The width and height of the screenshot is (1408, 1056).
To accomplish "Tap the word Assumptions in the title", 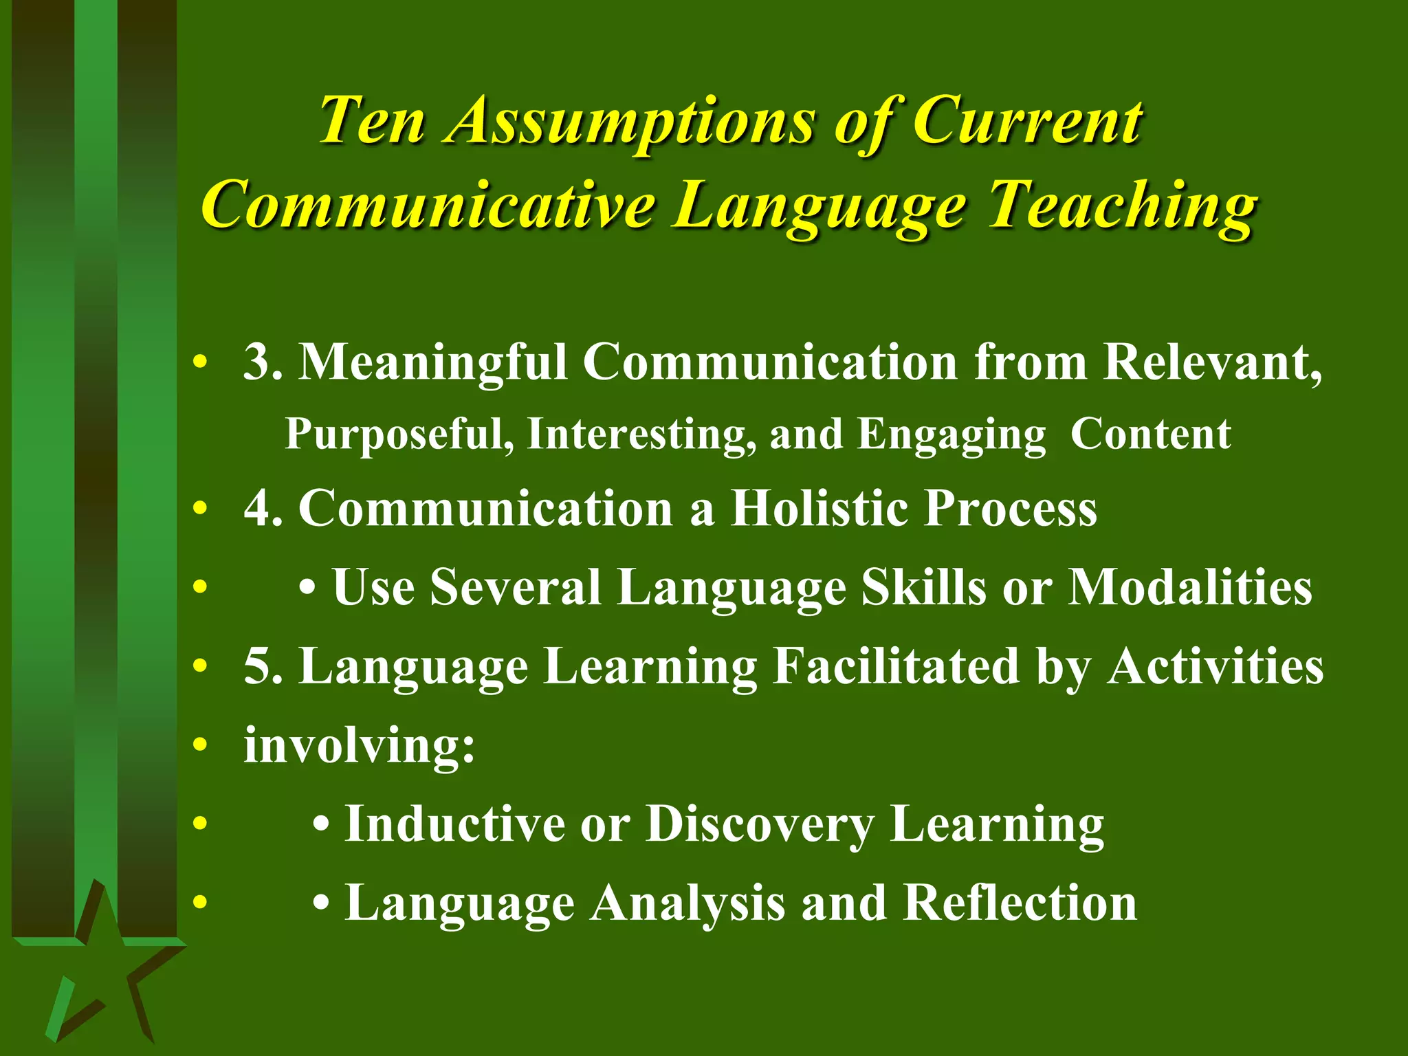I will (628, 122).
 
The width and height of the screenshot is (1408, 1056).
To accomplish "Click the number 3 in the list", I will (256, 362).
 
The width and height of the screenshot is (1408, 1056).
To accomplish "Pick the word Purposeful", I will (399, 434).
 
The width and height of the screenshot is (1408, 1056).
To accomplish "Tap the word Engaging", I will (952, 434).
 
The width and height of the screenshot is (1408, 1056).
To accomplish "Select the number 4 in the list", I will (256, 509).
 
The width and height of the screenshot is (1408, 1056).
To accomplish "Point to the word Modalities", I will (1189, 588).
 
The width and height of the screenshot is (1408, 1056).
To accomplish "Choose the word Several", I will (516, 588).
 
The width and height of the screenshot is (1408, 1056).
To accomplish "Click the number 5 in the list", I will (256, 666).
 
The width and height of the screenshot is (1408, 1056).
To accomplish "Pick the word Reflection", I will (1020, 903).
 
